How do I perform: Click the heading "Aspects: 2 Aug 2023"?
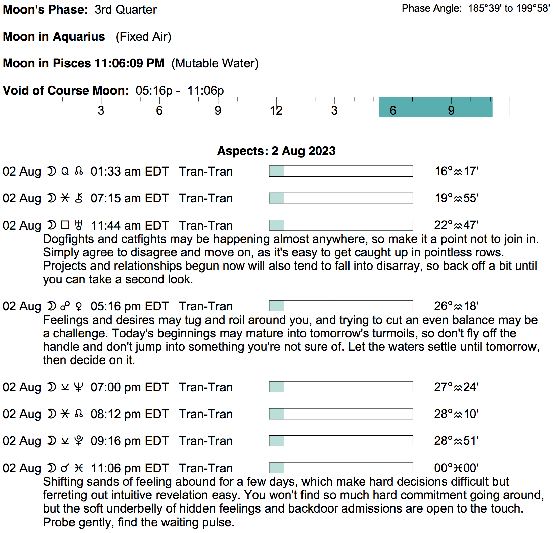(x=276, y=151)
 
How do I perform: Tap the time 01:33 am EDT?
(x=129, y=172)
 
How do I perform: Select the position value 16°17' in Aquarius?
(x=456, y=172)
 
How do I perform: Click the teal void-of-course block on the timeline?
(x=435, y=107)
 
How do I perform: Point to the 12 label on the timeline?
(x=276, y=110)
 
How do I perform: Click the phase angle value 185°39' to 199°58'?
(x=509, y=8)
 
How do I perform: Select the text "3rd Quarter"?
(x=126, y=10)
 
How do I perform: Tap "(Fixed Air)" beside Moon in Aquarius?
(x=143, y=37)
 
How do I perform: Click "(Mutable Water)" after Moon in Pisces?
(x=215, y=63)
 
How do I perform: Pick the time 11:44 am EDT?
(x=129, y=226)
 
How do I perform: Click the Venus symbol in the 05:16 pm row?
(x=79, y=306)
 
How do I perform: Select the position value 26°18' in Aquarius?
(x=456, y=306)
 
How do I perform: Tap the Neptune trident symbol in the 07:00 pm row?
(x=79, y=387)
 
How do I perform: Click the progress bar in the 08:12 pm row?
(x=341, y=414)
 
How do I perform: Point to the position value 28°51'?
(x=456, y=441)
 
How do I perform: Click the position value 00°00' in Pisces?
(x=456, y=468)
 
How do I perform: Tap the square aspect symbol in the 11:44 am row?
(x=65, y=225)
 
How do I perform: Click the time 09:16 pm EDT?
(x=129, y=441)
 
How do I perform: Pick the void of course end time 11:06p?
(x=205, y=91)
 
